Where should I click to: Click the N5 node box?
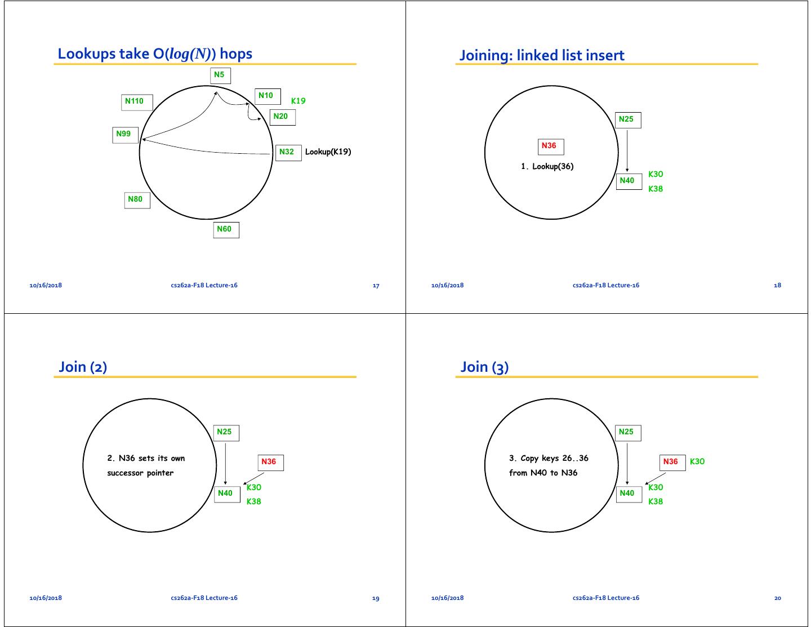[x=220, y=75]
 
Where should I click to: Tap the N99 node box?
[x=125, y=135]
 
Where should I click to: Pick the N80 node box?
[x=137, y=200]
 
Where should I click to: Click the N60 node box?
[x=226, y=229]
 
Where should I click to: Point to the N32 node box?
[x=288, y=152]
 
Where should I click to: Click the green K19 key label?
[x=298, y=101]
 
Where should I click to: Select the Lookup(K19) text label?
[x=328, y=152]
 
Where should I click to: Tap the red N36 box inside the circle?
[x=550, y=146]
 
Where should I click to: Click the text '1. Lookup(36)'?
[x=547, y=166]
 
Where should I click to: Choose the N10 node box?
[x=267, y=96]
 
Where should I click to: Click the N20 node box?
[x=282, y=117]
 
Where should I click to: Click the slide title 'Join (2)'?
[x=83, y=367]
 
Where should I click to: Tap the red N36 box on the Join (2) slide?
[x=270, y=463]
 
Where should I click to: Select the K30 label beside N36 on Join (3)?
[x=697, y=461]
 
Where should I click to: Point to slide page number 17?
[x=376, y=286]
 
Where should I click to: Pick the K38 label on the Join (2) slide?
[x=253, y=501]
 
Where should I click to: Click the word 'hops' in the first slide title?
[x=236, y=54]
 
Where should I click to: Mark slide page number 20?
[x=777, y=598]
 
